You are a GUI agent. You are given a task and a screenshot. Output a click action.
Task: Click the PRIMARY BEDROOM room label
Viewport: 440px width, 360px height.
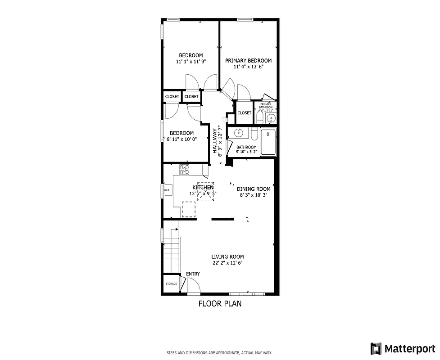pyautogui.click(x=248, y=60)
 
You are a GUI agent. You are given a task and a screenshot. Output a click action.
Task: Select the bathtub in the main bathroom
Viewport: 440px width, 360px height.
pyautogui.click(x=268, y=142)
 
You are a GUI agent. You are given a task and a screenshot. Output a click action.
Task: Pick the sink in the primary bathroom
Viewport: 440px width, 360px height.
pyautogui.click(x=270, y=118)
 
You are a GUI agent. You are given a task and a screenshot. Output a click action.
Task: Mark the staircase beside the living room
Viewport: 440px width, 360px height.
pyautogui.click(x=171, y=254)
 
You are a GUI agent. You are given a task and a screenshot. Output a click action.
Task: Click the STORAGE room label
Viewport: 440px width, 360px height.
pyautogui.click(x=171, y=284)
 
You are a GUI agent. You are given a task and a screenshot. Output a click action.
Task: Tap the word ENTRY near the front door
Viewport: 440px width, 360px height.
pyautogui.click(x=193, y=274)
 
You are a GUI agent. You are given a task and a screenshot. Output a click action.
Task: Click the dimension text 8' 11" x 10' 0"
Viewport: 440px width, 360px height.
pyautogui.click(x=181, y=139)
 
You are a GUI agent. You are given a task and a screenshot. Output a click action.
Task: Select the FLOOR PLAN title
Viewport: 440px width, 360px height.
pyautogui.click(x=220, y=304)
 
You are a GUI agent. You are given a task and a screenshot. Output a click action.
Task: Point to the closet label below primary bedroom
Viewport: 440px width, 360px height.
pyautogui.click(x=244, y=113)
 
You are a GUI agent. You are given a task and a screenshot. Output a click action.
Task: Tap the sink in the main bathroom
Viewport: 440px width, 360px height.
pyautogui.click(x=239, y=134)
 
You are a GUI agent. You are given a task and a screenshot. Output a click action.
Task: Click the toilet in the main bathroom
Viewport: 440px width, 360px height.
pyautogui.click(x=254, y=135)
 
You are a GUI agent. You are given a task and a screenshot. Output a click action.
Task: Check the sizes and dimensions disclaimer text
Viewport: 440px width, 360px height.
pyautogui.click(x=219, y=353)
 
